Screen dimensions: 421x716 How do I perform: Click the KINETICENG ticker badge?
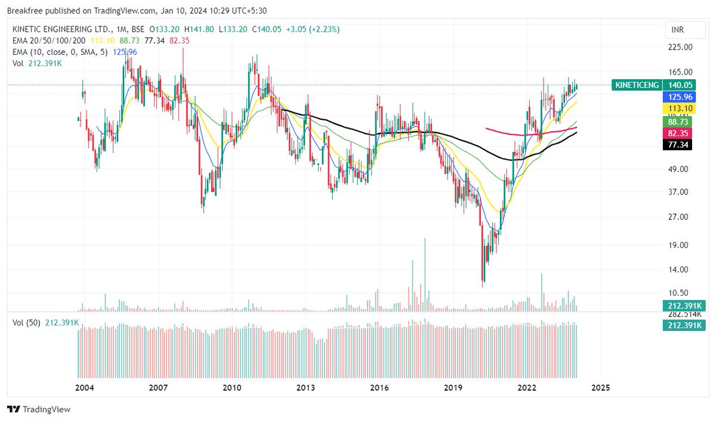(637, 85)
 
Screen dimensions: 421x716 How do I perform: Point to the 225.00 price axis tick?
(680, 47)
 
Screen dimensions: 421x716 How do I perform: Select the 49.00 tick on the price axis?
(680, 169)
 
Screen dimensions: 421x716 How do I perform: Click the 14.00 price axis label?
(680, 270)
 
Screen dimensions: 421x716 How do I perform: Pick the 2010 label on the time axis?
(232, 388)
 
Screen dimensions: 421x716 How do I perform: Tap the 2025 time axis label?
(600, 388)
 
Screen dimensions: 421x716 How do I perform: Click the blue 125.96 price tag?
(680, 97)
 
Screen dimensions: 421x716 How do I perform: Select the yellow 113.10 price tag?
(680, 108)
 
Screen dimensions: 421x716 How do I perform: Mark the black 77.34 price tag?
(680, 145)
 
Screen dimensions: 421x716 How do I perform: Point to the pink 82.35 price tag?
(680, 134)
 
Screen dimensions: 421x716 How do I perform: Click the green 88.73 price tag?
(680, 122)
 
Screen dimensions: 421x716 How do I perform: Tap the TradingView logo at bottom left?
(39, 410)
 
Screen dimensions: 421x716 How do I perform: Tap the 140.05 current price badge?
(680, 85)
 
